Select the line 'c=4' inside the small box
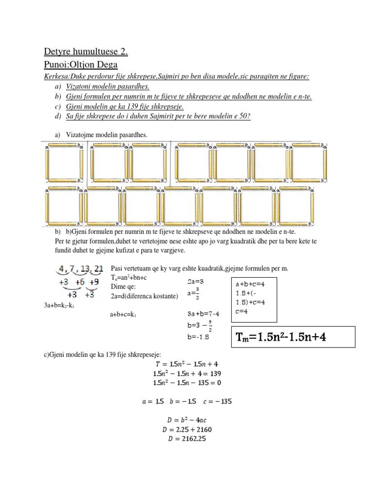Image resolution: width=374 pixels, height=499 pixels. click(x=243, y=312)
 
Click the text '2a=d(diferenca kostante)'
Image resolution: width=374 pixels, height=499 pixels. click(x=145, y=296)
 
